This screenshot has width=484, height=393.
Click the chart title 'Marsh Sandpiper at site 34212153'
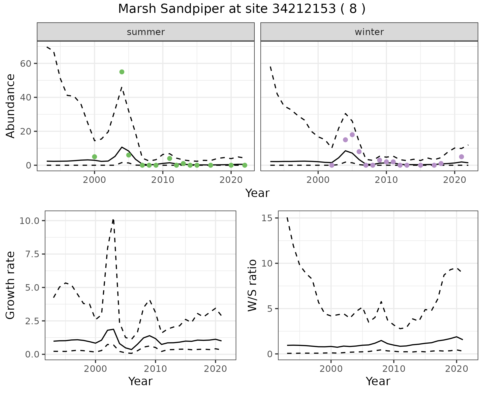tap(241, 9)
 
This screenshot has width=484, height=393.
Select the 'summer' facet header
tap(146, 32)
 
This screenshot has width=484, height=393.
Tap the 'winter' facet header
tap(369, 32)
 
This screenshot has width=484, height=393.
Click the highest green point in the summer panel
tap(122, 72)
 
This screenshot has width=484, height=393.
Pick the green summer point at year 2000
tap(95, 157)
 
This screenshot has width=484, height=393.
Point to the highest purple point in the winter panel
tap(352, 135)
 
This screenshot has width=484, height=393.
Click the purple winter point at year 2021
tap(461, 157)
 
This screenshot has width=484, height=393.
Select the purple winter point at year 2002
tap(332, 165)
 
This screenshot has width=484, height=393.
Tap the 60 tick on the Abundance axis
tap(25, 63)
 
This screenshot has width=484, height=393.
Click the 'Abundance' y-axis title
tap(11, 106)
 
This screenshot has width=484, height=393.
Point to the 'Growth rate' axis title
tap(11, 285)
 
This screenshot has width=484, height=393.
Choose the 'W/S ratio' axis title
tap(252, 285)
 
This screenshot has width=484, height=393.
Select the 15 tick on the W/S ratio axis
tap(268, 218)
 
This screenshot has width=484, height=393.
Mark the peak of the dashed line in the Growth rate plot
tap(113, 220)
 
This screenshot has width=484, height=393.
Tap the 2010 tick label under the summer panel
tap(163, 180)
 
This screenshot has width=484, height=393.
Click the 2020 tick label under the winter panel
tap(454, 180)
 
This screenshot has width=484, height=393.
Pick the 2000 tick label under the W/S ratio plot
tap(331, 369)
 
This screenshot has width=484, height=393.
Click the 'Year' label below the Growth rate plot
tap(140, 381)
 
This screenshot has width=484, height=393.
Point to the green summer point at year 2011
tap(170, 158)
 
